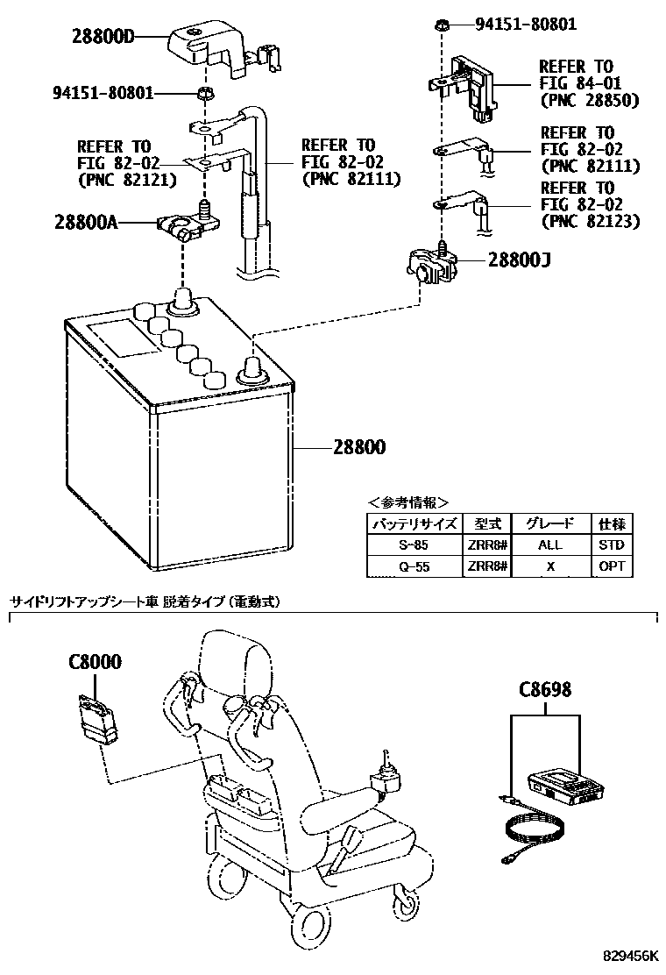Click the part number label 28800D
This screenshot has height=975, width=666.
coord(117,37)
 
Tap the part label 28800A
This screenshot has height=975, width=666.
coord(83,224)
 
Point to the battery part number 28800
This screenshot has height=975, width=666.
coord(358,447)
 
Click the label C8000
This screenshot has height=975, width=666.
coord(95,662)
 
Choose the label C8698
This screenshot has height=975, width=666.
coord(545,690)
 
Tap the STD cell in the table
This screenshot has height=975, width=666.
coord(612,544)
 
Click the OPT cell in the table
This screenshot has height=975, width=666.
coord(612,566)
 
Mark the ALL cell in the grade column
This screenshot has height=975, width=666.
coord(550,544)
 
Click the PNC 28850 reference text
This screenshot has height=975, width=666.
coord(588,100)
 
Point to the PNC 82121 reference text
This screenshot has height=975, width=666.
coord(127,180)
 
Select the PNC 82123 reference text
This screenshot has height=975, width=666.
coord(590,221)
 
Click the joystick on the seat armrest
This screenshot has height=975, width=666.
coord(386,777)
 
